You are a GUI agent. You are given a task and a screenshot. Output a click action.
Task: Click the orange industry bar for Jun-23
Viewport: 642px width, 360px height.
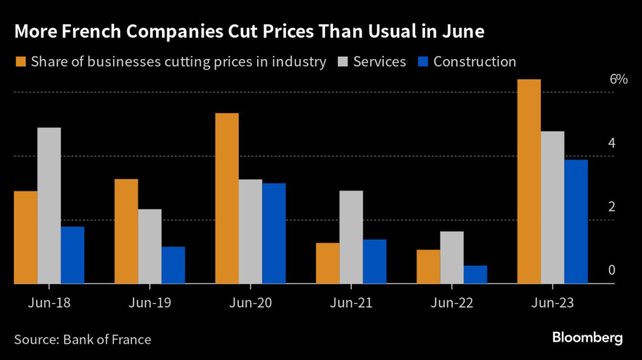528,182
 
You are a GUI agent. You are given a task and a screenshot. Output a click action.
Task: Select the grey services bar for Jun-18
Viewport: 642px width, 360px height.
50,206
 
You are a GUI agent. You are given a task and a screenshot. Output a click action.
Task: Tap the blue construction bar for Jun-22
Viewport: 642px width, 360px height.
475,275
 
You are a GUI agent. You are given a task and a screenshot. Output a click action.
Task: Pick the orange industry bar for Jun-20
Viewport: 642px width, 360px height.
226,199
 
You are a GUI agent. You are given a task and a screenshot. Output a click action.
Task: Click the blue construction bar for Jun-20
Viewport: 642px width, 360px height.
274,233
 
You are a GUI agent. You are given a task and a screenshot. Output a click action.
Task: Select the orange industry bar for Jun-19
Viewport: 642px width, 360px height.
126,231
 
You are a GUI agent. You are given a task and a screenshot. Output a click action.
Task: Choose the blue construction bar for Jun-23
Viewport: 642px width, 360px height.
576,222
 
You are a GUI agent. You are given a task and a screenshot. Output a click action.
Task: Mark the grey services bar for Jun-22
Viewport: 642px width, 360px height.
452,258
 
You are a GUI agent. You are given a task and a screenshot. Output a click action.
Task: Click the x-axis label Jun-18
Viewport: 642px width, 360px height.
50,302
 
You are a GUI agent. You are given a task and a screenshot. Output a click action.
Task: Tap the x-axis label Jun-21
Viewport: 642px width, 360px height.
351,302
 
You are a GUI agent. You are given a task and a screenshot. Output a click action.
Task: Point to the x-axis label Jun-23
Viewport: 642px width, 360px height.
552,302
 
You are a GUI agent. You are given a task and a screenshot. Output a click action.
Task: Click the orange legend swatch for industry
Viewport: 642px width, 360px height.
20,61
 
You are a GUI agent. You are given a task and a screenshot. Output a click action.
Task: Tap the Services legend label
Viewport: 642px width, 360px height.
379,61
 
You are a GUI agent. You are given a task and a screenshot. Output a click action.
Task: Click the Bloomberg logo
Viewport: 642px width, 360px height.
587,338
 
